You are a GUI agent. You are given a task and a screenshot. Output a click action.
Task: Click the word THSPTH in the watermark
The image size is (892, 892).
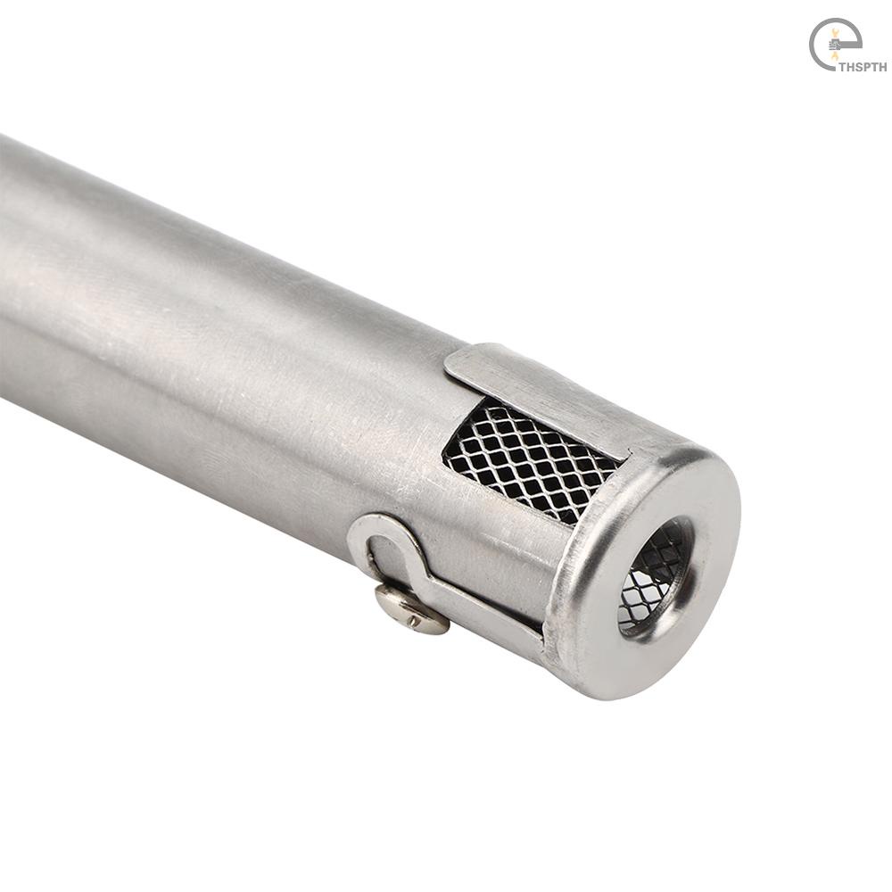point(863,67)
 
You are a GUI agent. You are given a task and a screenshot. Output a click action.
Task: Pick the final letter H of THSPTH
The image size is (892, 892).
point(883,67)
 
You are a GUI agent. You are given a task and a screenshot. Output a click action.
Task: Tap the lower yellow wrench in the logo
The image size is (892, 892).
point(835,55)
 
